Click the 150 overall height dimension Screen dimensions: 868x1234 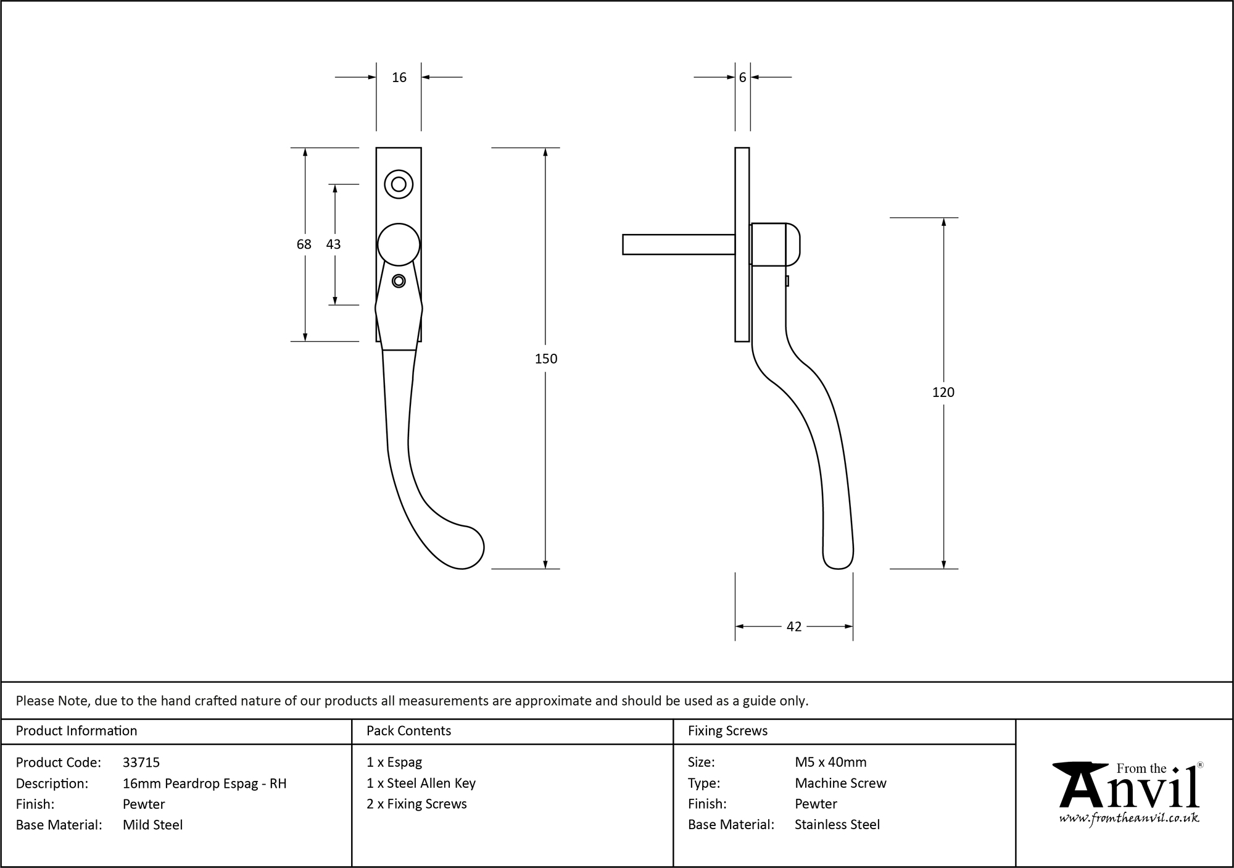click(x=546, y=359)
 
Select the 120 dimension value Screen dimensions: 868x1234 click(x=943, y=392)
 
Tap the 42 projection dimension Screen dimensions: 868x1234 click(x=794, y=627)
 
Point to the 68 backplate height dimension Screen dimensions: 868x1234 click(x=304, y=244)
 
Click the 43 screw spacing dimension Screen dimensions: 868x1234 click(x=333, y=244)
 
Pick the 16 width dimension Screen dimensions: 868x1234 click(x=399, y=77)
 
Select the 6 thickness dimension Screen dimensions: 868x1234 click(x=742, y=77)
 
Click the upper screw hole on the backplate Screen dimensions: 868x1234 click(x=399, y=184)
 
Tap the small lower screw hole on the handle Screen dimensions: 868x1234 click(x=399, y=281)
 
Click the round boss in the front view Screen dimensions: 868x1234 click(x=399, y=244)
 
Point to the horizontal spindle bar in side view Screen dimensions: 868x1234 click(x=677, y=244)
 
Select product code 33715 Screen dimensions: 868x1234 click(x=141, y=762)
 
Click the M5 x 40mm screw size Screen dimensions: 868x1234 click(x=830, y=762)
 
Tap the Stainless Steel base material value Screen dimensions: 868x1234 click(x=837, y=825)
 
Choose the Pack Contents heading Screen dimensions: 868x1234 click(x=408, y=731)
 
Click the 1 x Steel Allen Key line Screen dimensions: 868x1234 click(x=421, y=783)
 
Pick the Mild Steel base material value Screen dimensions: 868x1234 click(x=152, y=825)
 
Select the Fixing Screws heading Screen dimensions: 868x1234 click(x=727, y=731)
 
